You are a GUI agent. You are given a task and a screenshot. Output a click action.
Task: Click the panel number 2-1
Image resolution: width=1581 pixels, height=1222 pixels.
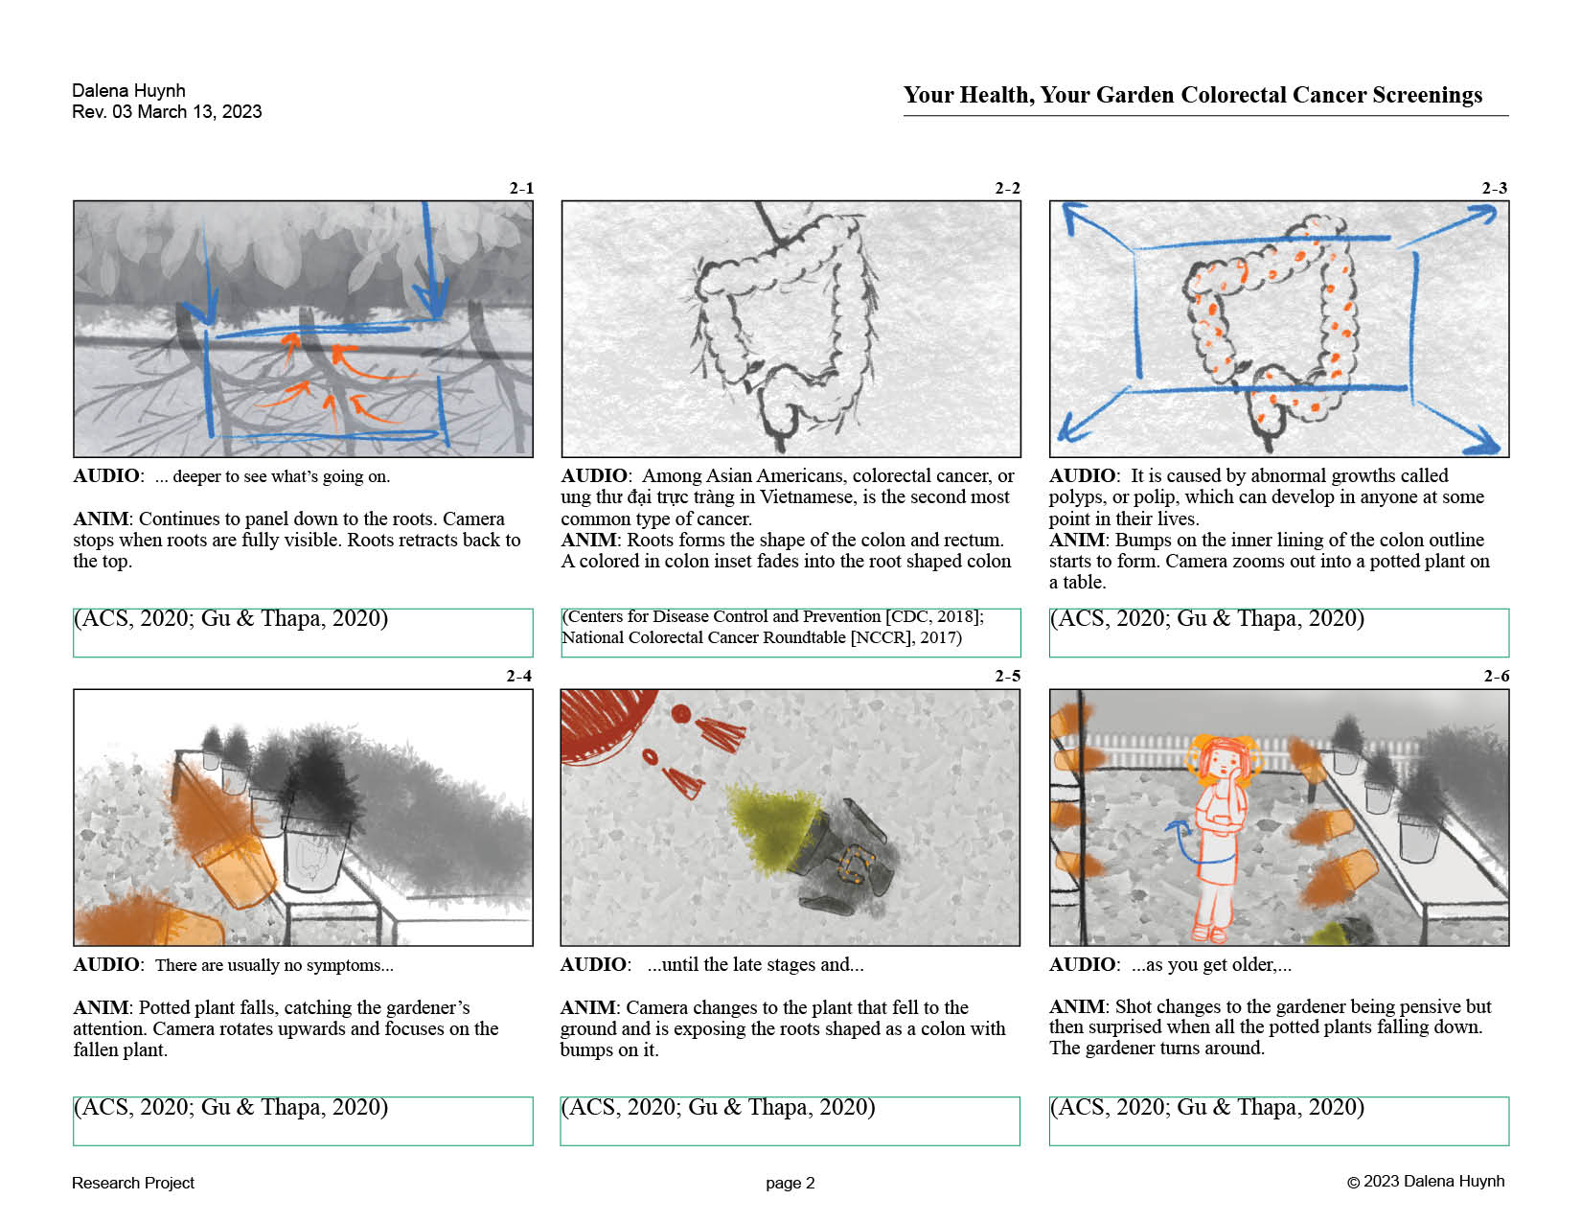click(521, 188)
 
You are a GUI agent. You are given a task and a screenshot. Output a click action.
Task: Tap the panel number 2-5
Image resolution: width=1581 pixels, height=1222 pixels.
click(1008, 676)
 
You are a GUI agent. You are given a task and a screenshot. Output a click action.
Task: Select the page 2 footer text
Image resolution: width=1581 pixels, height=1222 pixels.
click(790, 1184)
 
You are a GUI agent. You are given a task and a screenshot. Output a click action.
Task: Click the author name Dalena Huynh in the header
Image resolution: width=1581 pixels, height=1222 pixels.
click(128, 91)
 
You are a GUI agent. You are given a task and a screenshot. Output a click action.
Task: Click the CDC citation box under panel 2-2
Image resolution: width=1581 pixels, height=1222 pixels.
click(790, 633)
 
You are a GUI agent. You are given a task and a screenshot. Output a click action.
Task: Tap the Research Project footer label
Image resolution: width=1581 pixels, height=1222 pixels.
click(133, 1184)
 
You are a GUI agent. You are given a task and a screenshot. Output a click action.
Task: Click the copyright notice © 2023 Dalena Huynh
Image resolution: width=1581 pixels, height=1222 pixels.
click(1426, 1182)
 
